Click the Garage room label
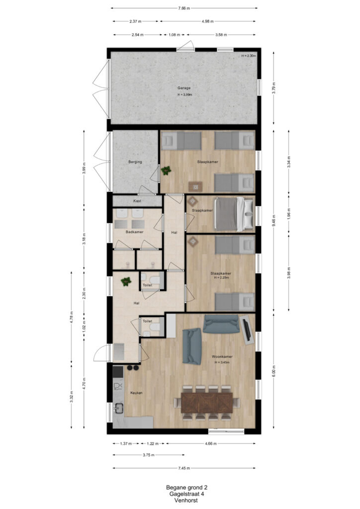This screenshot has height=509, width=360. tap(184, 87)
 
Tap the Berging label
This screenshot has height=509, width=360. tap(135, 162)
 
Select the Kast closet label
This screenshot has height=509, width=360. tap(137, 201)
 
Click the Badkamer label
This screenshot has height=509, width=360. tap(134, 232)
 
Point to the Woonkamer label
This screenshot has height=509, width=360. tap(222, 356)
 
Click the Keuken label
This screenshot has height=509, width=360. tap(136, 393)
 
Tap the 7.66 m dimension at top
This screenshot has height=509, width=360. tap(184, 8)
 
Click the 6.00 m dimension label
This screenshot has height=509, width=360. tap(273, 371)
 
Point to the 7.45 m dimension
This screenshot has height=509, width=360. tap(184, 468)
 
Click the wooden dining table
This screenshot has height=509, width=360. tap(207, 403)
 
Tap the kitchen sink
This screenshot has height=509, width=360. tap(118, 408)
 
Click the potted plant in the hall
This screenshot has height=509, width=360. tap(126, 281)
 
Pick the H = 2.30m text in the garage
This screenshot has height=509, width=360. tap(249, 56)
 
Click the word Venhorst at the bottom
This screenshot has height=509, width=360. tap(186, 501)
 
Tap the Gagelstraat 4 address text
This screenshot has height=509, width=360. tap(186, 494)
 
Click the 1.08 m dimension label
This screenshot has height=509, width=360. tap(175, 35)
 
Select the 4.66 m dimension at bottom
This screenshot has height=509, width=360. tap(211, 443)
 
